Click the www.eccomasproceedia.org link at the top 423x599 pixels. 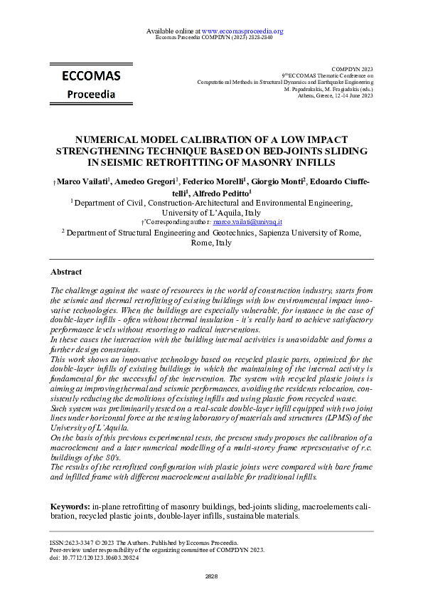[x=242, y=31]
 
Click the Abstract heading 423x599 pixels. [x=66, y=272]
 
